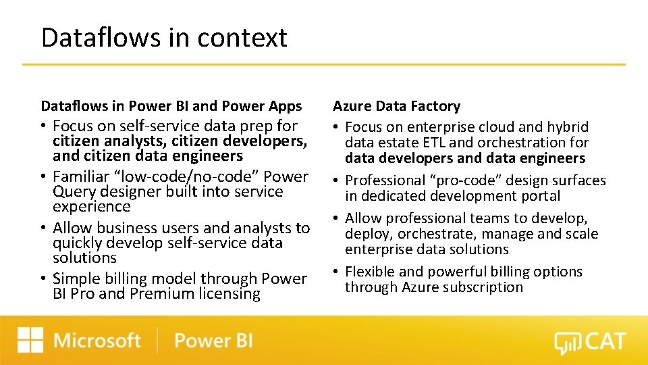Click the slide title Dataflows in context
click(164, 37)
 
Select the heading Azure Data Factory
click(396, 106)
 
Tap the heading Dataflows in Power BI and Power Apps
click(171, 106)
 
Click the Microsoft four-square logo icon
click(30, 340)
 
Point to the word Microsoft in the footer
click(97, 340)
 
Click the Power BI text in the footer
click(213, 340)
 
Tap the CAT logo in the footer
click(590, 341)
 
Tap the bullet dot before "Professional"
click(336, 181)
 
